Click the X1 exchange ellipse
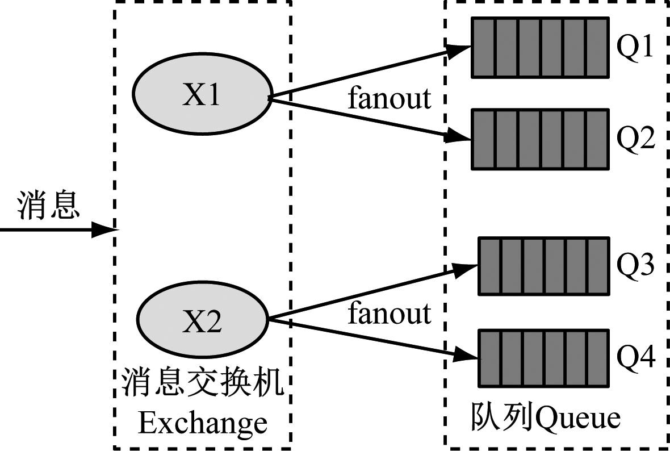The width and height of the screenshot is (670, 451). (x=201, y=95)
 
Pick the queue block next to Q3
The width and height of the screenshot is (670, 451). (x=543, y=266)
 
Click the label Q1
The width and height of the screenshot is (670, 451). (x=636, y=49)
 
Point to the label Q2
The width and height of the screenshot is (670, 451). (x=636, y=139)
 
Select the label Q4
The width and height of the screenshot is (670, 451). (x=636, y=358)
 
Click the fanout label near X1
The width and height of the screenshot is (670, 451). (x=390, y=98)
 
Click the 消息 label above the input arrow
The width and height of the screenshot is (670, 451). (x=48, y=205)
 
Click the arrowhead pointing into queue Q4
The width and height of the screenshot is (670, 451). (x=469, y=356)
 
